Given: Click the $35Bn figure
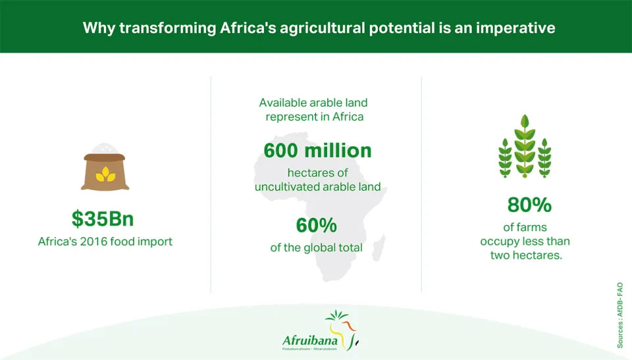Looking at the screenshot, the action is click(103, 219).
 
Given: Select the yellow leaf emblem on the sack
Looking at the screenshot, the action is click(105, 174).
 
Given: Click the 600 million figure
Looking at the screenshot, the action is click(317, 150).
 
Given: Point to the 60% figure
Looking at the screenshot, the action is click(317, 225).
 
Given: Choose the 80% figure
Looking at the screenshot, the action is click(529, 205).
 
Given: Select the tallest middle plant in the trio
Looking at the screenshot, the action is click(525, 146).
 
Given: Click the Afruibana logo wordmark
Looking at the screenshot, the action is click(310, 340).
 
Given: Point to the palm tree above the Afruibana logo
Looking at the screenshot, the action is click(336, 316).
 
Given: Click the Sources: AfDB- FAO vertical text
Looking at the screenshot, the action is click(620, 315).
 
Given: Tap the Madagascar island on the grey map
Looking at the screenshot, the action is click(379, 248).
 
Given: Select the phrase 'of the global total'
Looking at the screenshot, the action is click(317, 247).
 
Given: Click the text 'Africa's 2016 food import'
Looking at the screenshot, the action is click(105, 242).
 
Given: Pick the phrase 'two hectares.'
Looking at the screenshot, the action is click(526, 255).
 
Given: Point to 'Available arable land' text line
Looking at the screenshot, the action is click(313, 103).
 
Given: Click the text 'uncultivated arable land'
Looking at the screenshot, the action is click(317, 187).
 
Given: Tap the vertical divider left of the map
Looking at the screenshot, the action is click(211, 184).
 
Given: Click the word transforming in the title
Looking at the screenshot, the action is click(168, 28).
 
